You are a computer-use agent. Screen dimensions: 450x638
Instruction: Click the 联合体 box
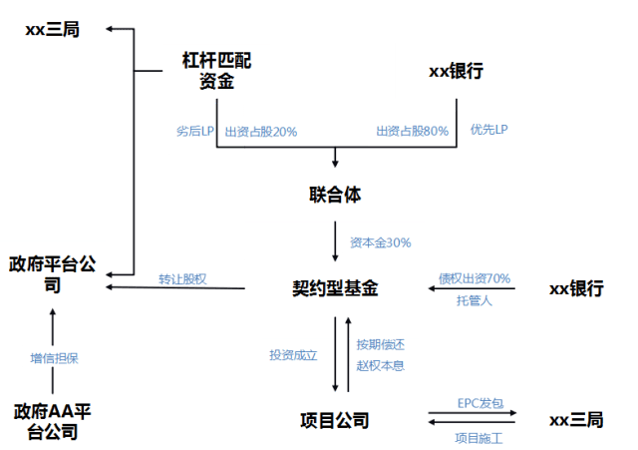334,194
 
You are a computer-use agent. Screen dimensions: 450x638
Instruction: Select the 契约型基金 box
334,288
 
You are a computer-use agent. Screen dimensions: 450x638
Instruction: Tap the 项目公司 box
334,420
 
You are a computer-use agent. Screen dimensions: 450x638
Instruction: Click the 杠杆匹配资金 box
210,71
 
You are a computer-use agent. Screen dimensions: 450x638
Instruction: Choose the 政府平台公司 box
53,273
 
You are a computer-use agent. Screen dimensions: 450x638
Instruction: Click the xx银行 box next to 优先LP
460,71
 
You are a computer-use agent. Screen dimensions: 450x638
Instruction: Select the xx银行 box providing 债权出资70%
576,288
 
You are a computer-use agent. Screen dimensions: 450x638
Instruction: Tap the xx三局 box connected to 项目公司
576,420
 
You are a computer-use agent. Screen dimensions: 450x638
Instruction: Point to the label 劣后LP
193,131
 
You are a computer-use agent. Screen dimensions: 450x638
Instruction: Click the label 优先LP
489,131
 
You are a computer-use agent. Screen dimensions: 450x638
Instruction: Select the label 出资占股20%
260,131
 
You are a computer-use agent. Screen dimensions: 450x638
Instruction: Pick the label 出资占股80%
412,131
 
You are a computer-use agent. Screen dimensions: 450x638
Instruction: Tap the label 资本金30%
381,241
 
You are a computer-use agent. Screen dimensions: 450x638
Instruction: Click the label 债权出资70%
475,278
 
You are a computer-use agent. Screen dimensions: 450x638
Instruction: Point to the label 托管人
474,299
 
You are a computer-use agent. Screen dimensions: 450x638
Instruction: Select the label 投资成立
293,353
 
